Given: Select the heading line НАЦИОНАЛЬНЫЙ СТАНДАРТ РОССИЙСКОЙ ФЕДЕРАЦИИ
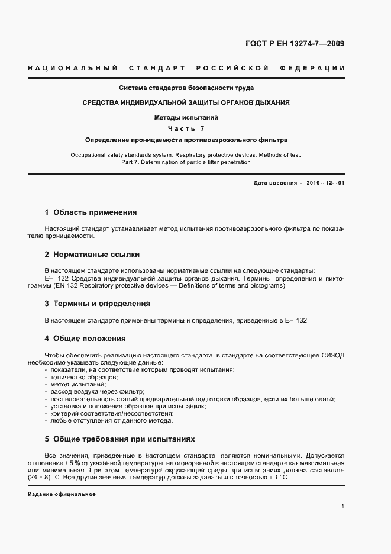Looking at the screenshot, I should (186, 69).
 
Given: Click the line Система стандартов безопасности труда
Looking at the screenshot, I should (186, 88).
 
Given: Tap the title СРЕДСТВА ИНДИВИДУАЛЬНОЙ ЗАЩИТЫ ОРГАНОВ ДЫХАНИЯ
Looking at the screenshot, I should (186, 102).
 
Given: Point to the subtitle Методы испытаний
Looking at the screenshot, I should (186, 117).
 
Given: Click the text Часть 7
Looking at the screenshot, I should (186, 128).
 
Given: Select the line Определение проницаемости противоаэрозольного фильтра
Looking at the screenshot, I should (186, 140).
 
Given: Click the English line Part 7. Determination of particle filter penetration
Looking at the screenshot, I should (186, 161).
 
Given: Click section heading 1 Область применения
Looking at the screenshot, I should (91, 212).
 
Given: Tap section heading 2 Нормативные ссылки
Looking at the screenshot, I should (92, 255).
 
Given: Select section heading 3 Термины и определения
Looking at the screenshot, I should (98, 304).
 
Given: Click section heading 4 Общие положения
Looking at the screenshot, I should (85, 339).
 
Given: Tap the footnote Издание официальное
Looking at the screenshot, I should (62, 494).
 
